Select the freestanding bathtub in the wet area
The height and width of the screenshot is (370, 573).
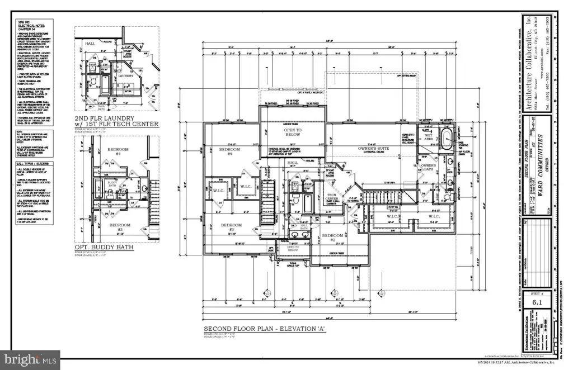[x=447, y=140]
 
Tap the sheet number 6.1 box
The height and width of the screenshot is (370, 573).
[x=538, y=302]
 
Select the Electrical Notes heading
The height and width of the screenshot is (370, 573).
[x=31, y=26]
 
